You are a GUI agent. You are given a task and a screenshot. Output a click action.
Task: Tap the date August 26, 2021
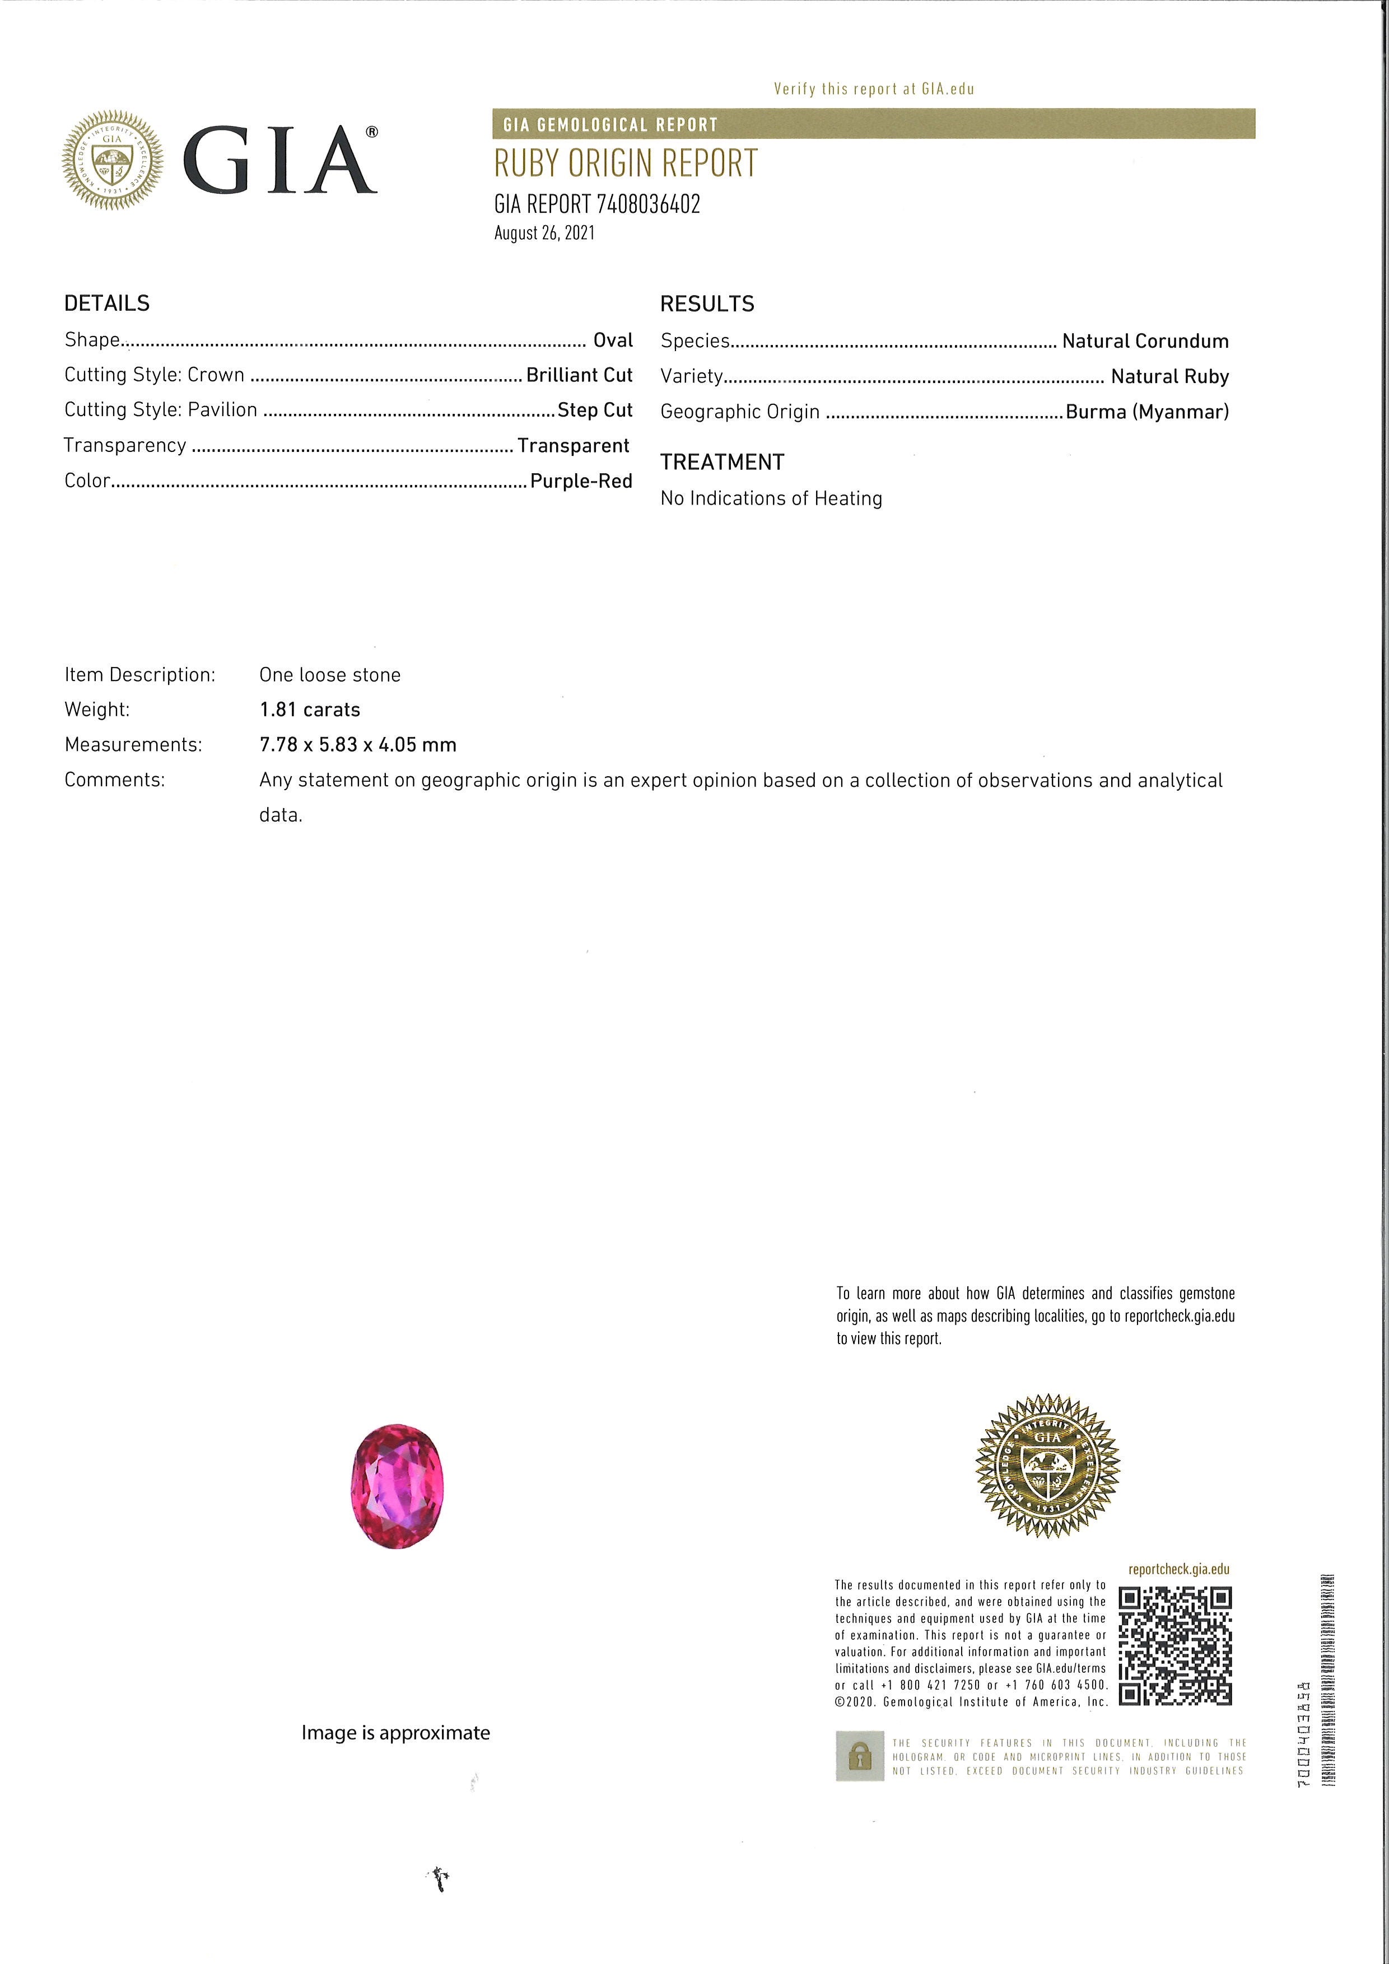[544, 232]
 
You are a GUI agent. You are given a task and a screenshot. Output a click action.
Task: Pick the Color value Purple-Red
[581, 480]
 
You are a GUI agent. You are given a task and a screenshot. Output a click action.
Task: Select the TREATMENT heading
[722, 462]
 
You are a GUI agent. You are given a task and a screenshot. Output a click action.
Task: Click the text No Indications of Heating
[771, 498]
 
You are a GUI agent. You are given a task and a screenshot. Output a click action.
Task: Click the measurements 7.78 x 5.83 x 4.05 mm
[357, 744]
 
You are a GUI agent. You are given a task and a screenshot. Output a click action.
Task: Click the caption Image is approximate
[395, 1732]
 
